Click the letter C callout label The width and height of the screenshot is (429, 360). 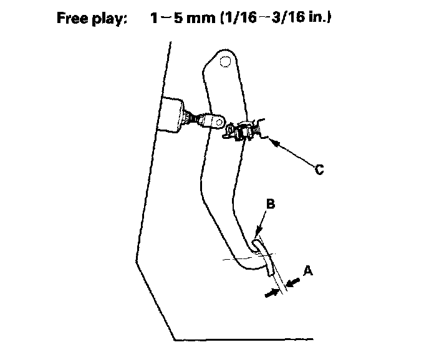pyautogui.click(x=319, y=169)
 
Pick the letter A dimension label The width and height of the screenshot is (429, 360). pyautogui.click(x=307, y=271)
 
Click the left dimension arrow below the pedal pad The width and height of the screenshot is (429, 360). pyautogui.click(x=270, y=291)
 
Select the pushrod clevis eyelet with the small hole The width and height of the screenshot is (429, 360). pyautogui.click(x=214, y=118)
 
